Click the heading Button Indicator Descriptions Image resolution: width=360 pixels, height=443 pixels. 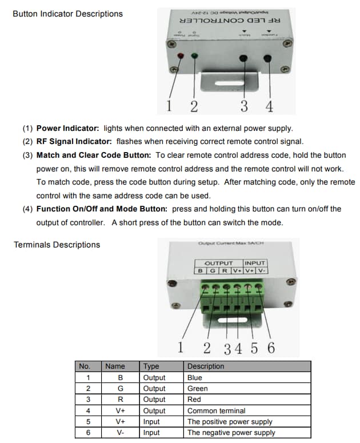click(67, 14)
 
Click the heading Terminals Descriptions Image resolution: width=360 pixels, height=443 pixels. click(57, 245)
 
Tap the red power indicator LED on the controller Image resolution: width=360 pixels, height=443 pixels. click(181, 56)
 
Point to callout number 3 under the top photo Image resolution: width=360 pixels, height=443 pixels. click(244, 106)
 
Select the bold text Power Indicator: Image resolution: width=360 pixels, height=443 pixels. click(67, 128)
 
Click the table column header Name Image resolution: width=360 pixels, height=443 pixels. click(115, 366)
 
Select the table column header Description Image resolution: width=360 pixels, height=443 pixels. click(206, 366)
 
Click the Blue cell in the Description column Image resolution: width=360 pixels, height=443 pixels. click(194, 378)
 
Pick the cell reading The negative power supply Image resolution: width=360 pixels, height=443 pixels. click(231, 433)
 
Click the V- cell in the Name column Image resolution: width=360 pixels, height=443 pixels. click(120, 433)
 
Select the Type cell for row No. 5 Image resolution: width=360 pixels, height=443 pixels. click(152, 422)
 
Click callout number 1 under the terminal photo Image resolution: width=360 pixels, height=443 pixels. click(181, 348)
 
